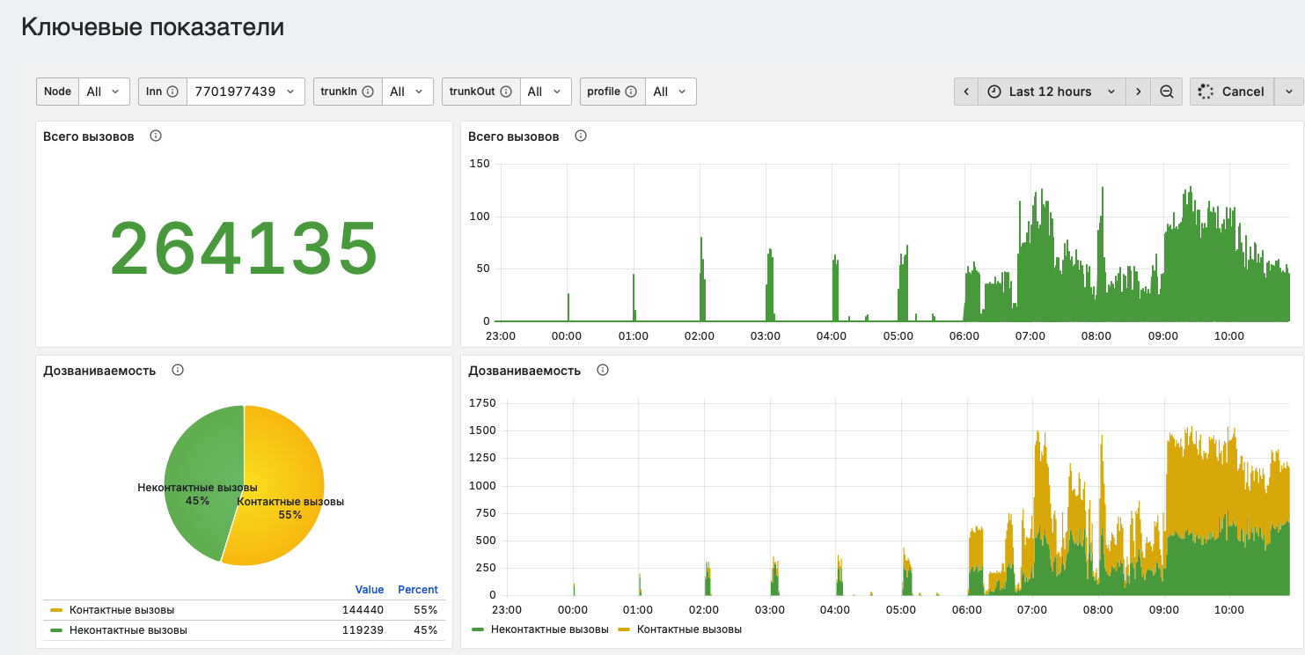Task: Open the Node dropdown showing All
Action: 104,92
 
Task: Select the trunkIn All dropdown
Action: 407,92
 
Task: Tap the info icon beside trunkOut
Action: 506,92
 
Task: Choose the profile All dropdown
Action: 670,92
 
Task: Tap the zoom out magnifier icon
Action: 1166,92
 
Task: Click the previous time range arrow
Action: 966,92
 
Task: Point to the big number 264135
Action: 244,248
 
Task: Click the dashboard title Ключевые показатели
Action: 152,26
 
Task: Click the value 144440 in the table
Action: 363,610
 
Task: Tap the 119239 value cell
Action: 363,630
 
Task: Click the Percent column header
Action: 418,590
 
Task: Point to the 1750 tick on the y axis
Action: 482,402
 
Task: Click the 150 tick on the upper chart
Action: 480,164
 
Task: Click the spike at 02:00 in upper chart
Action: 702,280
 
